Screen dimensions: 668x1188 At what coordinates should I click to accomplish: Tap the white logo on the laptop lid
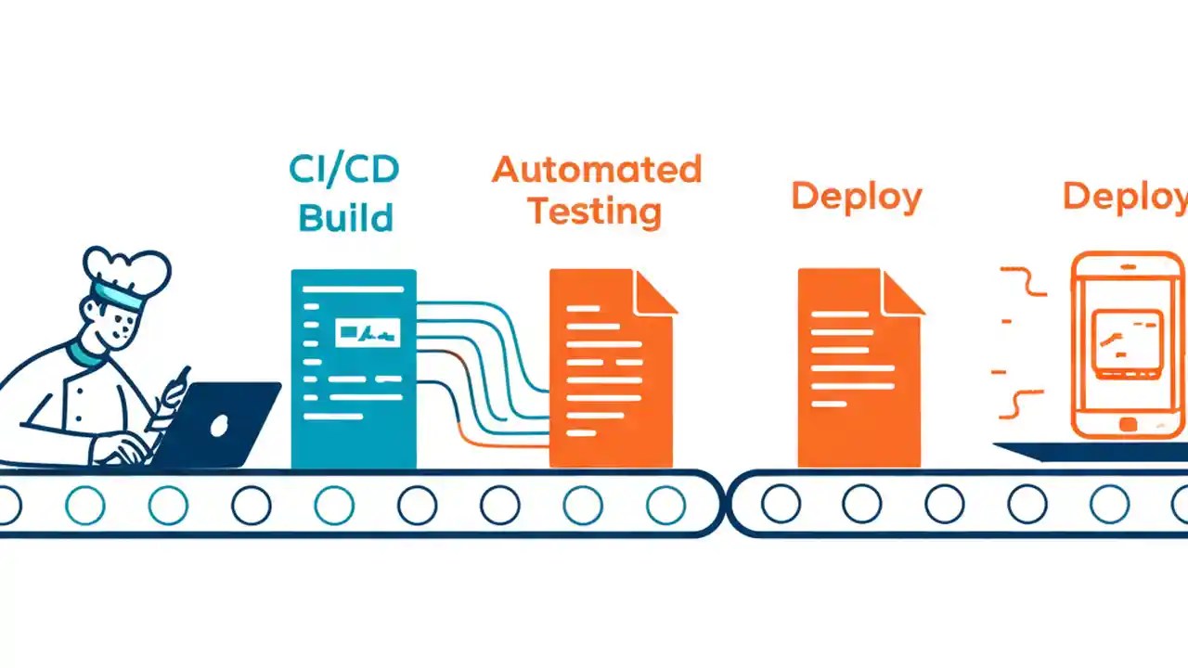[x=220, y=426]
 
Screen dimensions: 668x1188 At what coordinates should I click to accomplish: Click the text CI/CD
[x=344, y=169]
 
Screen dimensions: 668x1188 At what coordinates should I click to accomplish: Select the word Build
[x=345, y=218]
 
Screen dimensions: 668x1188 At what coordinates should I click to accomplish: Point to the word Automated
[x=597, y=170]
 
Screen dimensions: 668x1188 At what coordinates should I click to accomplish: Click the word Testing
[x=594, y=212]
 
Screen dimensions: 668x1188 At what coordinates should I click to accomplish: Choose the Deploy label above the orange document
[x=856, y=197]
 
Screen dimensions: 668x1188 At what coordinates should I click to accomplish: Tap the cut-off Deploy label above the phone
[x=1124, y=197]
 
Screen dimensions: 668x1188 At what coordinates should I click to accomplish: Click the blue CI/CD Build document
[x=354, y=371]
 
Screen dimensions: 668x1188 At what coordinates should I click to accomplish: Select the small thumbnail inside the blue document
[x=369, y=329]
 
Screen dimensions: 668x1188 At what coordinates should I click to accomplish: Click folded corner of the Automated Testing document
[x=653, y=291]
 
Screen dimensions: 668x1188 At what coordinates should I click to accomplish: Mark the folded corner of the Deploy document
[x=902, y=291]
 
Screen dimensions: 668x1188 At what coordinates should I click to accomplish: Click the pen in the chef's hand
[x=178, y=384]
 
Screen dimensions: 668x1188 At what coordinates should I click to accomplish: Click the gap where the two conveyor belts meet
[x=726, y=504]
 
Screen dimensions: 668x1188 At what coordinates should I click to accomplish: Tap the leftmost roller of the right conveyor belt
[x=781, y=504]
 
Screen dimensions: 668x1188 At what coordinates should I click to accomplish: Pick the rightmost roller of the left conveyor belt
[x=665, y=505]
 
